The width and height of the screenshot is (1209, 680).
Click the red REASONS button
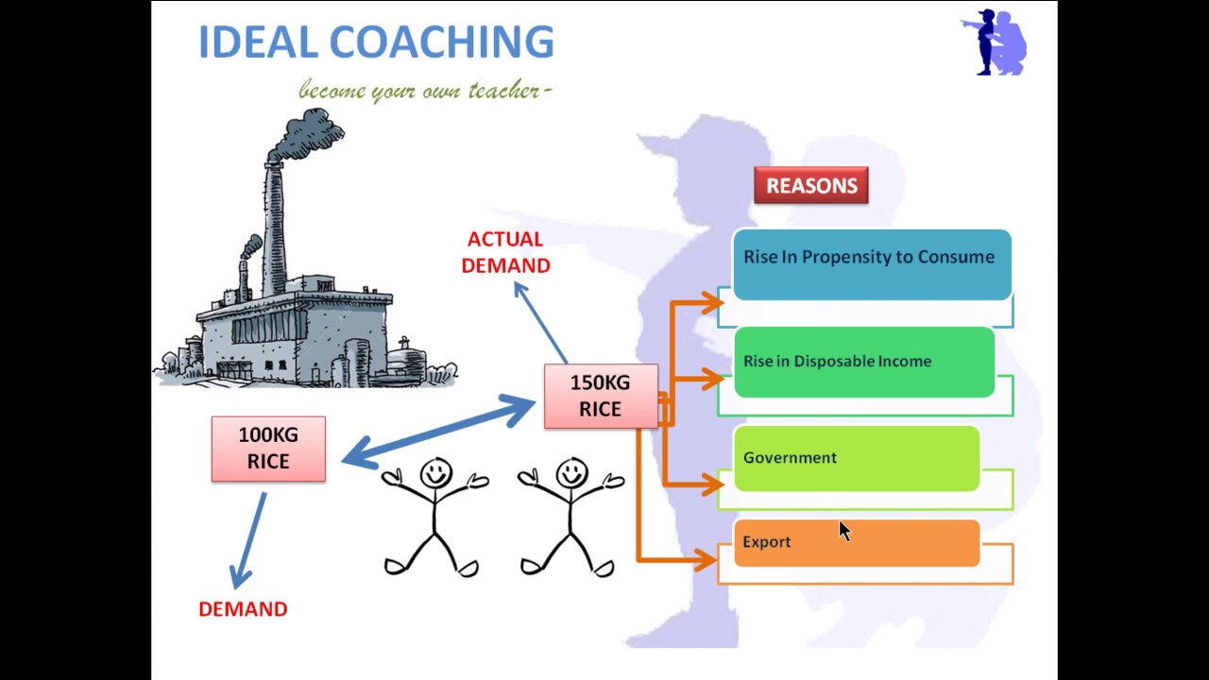coord(811,185)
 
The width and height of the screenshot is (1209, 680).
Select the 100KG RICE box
coord(268,449)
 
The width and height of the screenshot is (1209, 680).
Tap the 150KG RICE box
coord(601,396)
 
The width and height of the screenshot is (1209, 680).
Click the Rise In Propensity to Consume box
coord(872,264)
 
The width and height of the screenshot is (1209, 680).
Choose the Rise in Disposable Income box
coord(864,362)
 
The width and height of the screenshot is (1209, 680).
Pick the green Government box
coord(857,459)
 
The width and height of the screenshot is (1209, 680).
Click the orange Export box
coord(857,543)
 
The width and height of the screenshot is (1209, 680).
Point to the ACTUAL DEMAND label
coord(505,252)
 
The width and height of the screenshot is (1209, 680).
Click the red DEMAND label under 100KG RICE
coord(243,609)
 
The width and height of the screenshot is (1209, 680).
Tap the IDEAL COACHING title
coord(376,42)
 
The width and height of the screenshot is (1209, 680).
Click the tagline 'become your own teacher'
coord(425,90)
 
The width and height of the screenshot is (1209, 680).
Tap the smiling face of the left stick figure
coord(435,473)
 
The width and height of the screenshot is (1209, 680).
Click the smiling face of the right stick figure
coord(571,473)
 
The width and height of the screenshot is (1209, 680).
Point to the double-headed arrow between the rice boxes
coord(439,432)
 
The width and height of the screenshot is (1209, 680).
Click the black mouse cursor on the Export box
coord(844,531)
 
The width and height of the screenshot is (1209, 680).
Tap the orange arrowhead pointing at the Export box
coord(707,560)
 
